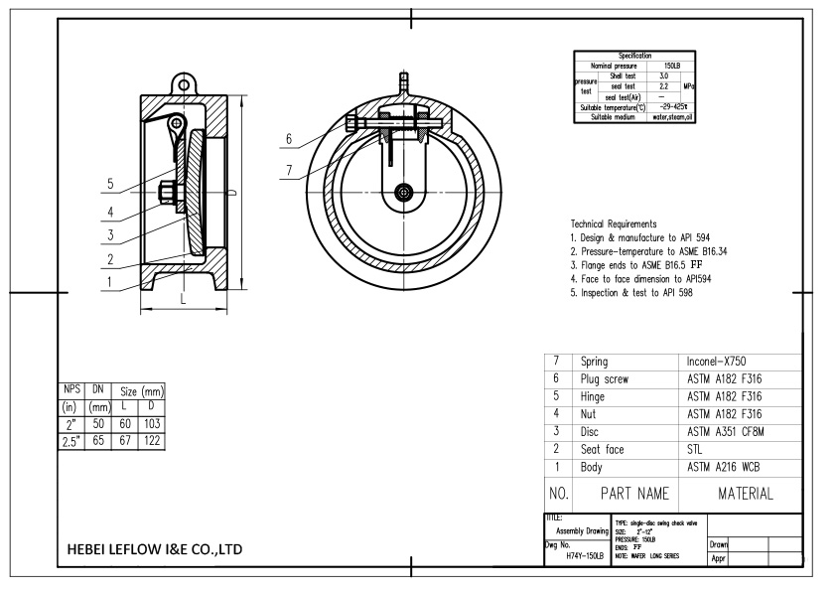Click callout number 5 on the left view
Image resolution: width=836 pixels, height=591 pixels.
pos(111,184)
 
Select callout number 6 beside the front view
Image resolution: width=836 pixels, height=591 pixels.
pos(288,138)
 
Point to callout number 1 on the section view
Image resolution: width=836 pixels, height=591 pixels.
pos(111,281)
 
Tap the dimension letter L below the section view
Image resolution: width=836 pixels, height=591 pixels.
pos(183,298)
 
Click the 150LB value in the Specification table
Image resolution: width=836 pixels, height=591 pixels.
pos(684,66)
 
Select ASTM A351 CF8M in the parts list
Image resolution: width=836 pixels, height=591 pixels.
pos(730,431)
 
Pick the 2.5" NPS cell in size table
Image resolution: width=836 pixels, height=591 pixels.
pos(70,439)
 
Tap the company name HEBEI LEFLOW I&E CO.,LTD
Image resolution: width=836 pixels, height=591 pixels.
pos(156,549)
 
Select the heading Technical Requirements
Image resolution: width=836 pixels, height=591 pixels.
pos(614,224)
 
